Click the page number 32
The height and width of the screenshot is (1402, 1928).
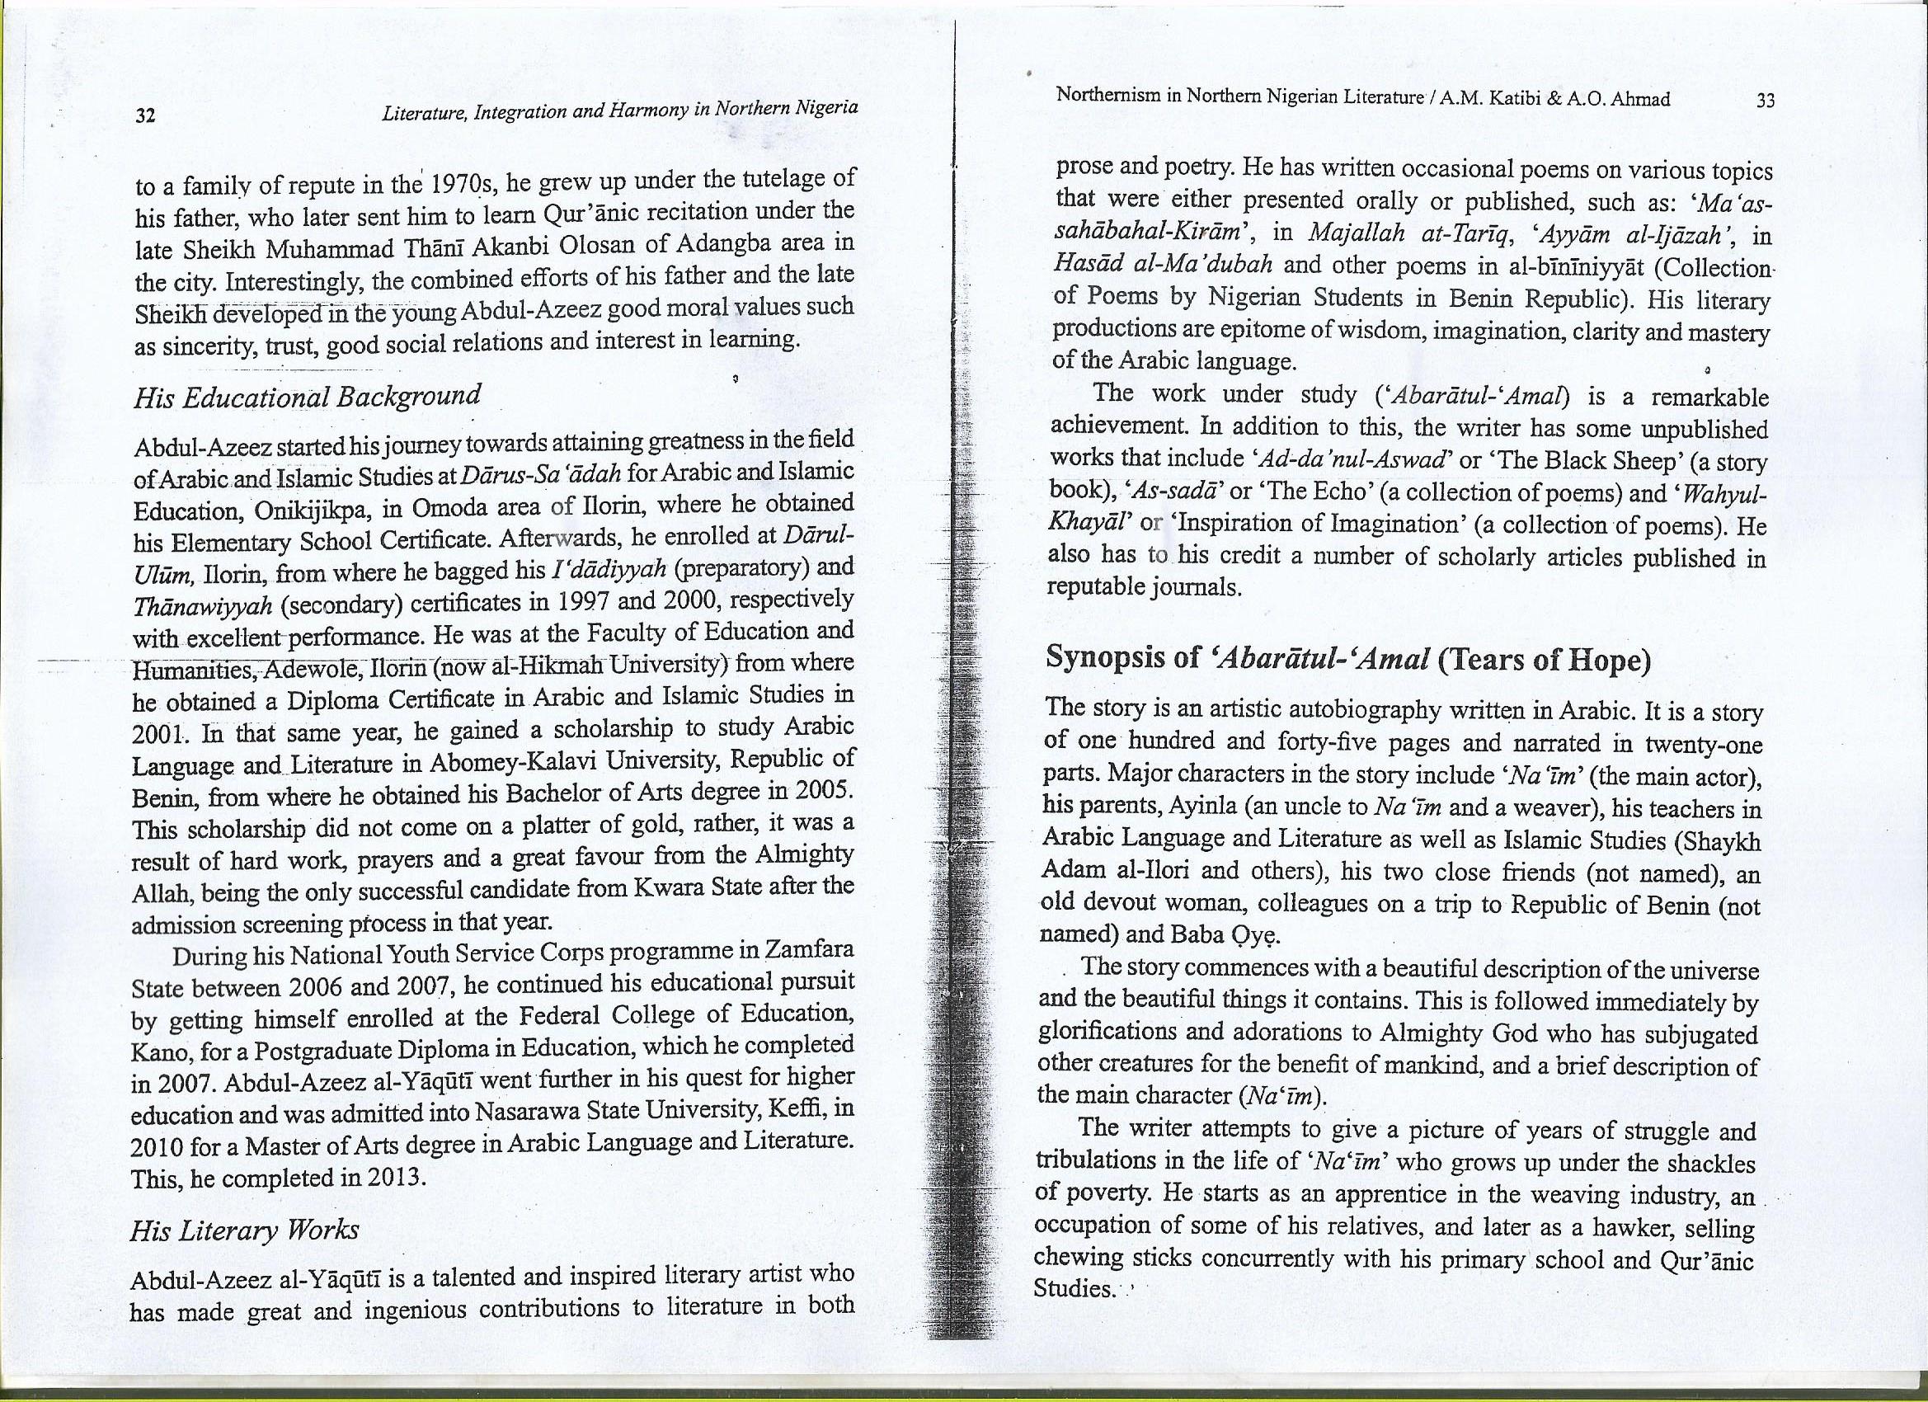[x=145, y=115]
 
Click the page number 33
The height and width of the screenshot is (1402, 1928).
[x=1765, y=101]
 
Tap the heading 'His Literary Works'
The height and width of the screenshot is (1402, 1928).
[x=244, y=1230]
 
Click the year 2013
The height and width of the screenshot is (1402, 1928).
[x=396, y=1179]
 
